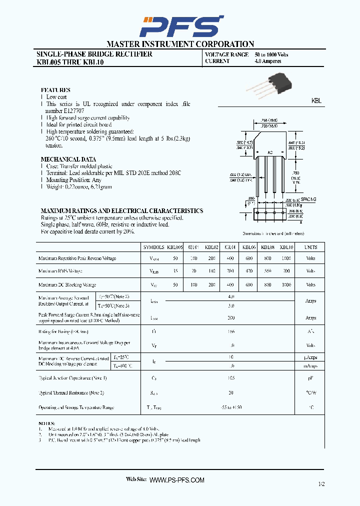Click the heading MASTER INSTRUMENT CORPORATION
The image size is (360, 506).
point(180,44)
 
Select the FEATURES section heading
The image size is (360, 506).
point(55,90)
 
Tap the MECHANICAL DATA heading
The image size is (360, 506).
point(61,159)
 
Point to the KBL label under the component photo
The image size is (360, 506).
point(316,101)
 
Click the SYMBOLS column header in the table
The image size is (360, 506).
point(153,247)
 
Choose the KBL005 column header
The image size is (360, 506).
point(175,247)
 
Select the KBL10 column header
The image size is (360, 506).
point(286,247)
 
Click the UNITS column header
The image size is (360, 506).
point(311,247)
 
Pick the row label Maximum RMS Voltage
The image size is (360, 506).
point(60,271)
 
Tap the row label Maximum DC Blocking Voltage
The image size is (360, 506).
point(67,285)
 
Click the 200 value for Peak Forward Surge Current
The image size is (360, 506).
point(230,317)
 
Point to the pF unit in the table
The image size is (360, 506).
point(311,378)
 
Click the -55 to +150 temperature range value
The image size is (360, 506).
point(230,407)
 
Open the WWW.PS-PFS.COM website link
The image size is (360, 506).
point(177,480)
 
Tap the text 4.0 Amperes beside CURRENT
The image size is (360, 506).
point(268,61)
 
